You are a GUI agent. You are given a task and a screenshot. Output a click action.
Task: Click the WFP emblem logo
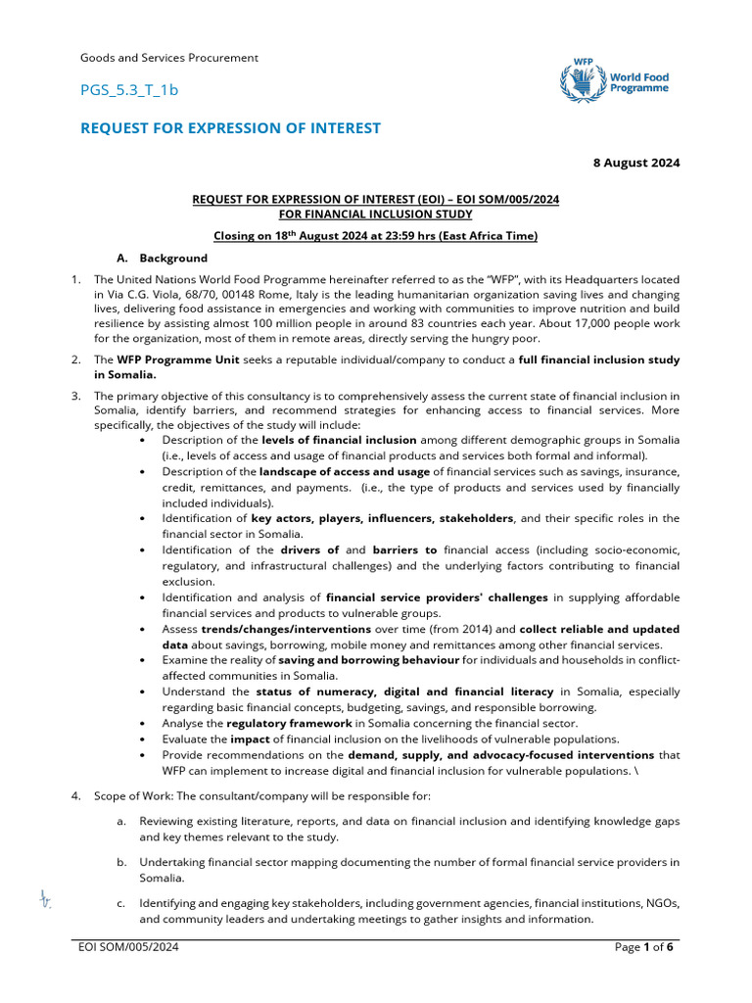pos(582,76)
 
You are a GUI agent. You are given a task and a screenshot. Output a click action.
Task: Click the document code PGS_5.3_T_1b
pos(129,90)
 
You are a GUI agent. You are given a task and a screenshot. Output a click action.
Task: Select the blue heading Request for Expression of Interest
pos(230,128)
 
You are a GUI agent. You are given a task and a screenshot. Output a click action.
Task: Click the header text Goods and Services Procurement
pos(168,58)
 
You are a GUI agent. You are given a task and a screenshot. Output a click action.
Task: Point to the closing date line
pos(376,236)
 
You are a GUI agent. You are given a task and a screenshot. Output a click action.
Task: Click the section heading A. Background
pos(163,259)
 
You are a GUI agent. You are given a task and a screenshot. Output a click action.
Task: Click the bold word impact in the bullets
pos(250,739)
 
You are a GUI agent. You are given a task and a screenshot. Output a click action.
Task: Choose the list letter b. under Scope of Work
pos(120,862)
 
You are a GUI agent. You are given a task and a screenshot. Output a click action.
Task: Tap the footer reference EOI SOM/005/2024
pos(129,947)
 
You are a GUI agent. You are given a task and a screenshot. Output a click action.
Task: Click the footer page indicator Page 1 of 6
pos(643,947)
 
